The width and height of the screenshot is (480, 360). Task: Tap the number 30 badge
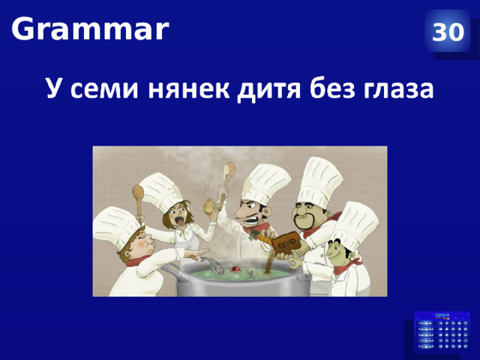tap(448, 32)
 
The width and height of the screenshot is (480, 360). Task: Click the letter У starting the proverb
tap(53, 89)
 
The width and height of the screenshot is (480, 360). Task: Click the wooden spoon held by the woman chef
tap(138, 199)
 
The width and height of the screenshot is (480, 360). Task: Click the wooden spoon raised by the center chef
tap(227, 176)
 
